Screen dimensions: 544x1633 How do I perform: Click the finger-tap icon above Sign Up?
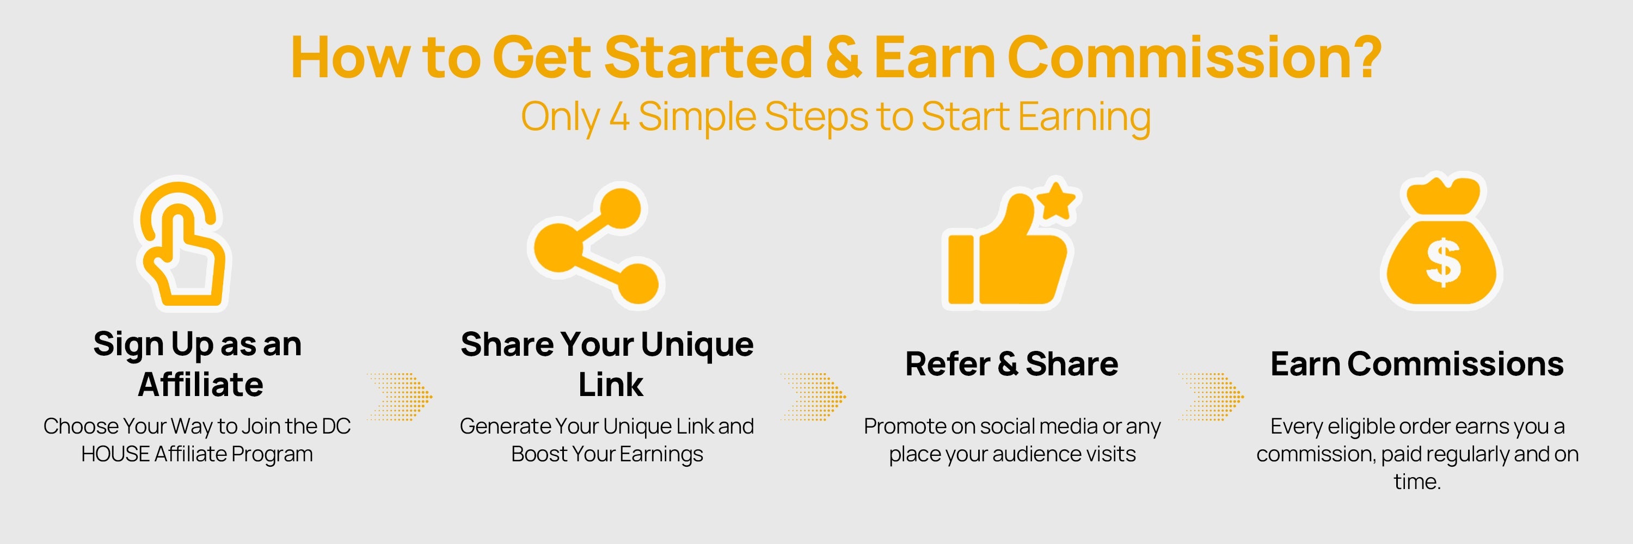click(x=182, y=244)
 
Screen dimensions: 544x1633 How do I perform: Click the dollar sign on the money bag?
click(x=1443, y=261)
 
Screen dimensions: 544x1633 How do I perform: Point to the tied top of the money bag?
click(x=1443, y=193)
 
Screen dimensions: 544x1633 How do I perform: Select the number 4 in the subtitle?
click(x=619, y=116)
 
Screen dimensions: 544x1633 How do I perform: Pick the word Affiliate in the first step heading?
click(x=200, y=385)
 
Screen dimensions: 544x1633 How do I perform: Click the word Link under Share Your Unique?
click(x=611, y=385)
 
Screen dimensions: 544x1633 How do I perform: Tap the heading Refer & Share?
click(x=1012, y=364)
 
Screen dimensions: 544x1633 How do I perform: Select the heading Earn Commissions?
click(x=1417, y=364)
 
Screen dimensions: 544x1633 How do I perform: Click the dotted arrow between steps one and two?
click(x=400, y=397)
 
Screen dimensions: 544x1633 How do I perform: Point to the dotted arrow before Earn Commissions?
click(x=1211, y=397)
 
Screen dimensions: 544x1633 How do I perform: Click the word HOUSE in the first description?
click(x=115, y=454)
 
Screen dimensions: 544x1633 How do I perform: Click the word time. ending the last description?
click(x=1417, y=482)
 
